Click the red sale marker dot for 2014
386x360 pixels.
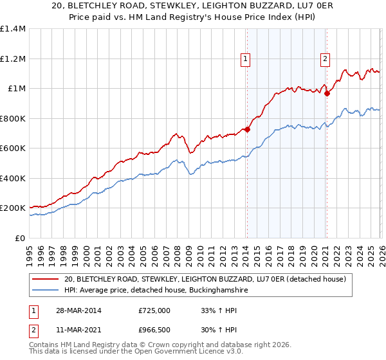(x=247, y=130)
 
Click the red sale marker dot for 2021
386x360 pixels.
(x=327, y=94)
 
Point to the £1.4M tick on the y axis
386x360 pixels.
(x=14, y=29)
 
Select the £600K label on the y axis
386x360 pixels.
(x=14, y=148)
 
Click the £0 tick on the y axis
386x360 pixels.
(x=21, y=238)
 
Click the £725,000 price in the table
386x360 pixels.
(x=154, y=310)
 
